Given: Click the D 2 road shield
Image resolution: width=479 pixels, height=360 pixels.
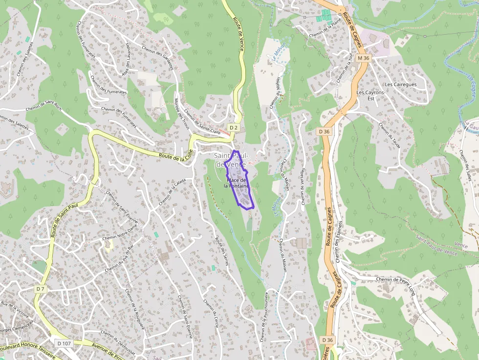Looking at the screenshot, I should pos(233,127).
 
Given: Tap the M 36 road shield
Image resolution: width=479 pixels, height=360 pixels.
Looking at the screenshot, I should pos(364,58).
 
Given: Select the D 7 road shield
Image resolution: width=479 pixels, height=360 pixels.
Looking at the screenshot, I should pos(40,289).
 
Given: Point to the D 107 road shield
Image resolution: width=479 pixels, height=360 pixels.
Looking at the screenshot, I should pos(64,343).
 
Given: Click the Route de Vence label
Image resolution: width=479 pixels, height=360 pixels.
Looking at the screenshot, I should pos(239,34).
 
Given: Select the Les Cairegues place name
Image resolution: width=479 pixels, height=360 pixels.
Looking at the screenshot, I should pos(400,85).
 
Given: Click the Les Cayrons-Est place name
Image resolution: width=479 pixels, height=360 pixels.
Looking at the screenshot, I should pos(368,95).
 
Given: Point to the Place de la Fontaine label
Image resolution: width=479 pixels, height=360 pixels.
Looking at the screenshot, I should pos(237,183).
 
